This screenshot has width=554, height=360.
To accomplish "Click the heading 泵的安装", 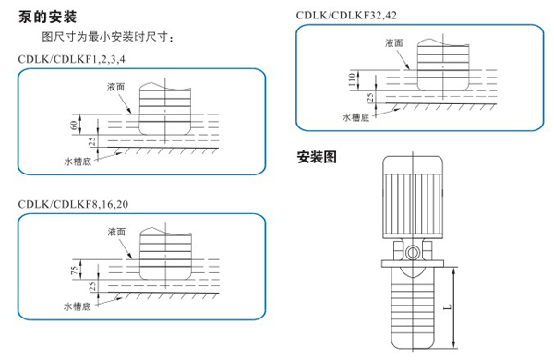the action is pyautogui.click(x=48, y=17).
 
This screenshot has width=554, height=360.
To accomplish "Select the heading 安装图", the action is pyautogui.click(x=317, y=157).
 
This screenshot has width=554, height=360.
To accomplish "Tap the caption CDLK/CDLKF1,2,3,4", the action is pyautogui.click(x=72, y=59).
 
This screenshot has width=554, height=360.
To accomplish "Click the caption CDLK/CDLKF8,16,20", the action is pyautogui.click(x=73, y=204).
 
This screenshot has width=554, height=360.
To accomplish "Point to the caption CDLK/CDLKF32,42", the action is pyautogui.click(x=346, y=15).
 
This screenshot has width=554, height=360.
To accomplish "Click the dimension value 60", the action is pyautogui.click(x=74, y=125).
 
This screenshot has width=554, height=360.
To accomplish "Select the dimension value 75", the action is pyautogui.click(x=74, y=270).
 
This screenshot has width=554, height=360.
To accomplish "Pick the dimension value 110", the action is pyautogui.click(x=352, y=79).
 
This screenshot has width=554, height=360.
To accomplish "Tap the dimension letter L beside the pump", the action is pyautogui.click(x=447, y=306).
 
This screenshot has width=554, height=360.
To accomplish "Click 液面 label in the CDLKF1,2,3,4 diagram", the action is pyautogui.click(x=116, y=87).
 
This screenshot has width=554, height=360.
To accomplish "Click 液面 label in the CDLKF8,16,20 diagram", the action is pyautogui.click(x=116, y=232).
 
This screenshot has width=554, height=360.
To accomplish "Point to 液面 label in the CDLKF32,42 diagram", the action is pyautogui.click(x=394, y=43).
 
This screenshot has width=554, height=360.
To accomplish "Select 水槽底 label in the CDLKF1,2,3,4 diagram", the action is pyautogui.click(x=78, y=162).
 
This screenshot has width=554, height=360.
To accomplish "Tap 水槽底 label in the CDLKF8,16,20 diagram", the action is pyautogui.click(x=78, y=306).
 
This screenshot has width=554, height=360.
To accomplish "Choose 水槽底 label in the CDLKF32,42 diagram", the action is pyautogui.click(x=355, y=117).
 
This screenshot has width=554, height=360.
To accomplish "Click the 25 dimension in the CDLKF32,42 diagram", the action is pyautogui.click(x=369, y=97).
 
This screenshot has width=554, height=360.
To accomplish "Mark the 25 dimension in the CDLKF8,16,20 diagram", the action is pyautogui.click(x=92, y=286).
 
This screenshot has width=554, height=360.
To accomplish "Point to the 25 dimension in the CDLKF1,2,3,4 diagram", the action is pyautogui.click(x=91, y=141).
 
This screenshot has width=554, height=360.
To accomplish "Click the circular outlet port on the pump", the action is pyautogui.click(x=413, y=253).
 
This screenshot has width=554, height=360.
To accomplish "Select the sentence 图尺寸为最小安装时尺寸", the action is pyautogui.click(x=104, y=37).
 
